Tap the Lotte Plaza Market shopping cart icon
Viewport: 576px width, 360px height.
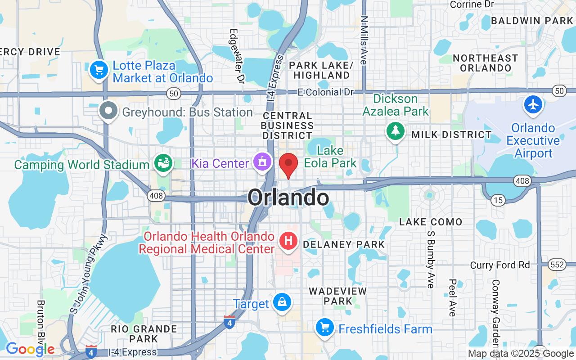point(99,70)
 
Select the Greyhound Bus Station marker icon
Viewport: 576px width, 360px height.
point(108,110)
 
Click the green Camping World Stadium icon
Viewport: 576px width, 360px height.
point(163,162)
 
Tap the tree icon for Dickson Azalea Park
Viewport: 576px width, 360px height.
point(396,130)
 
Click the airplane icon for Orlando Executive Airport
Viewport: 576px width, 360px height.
point(534,104)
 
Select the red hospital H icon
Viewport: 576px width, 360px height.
point(288,241)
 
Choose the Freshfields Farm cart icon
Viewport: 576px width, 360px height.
point(324,327)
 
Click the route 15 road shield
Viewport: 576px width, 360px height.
point(498,200)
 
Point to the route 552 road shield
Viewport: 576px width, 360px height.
point(557,265)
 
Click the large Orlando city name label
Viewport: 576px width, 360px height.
point(288,198)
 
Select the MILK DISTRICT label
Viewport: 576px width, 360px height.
point(451,135)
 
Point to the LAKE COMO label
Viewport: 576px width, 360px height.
point(431,222)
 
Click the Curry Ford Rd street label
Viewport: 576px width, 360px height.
point(500,265)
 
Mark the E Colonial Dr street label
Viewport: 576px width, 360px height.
point(326,92)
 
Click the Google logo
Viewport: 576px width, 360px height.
point(30,349)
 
